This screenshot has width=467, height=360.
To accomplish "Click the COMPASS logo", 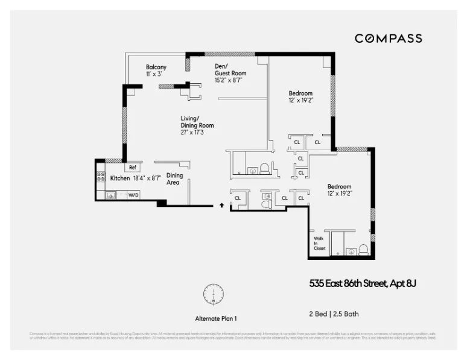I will click(388, 39).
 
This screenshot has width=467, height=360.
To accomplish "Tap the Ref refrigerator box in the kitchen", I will click(132, 167).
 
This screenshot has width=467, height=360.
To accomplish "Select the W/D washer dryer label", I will click(133, 195).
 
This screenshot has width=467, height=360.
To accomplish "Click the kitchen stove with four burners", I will click(101, 178).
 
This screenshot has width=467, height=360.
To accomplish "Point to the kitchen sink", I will click(110, 195).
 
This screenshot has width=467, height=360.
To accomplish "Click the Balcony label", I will click(156, 67).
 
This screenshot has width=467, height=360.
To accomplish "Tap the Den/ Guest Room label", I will click(230, 70).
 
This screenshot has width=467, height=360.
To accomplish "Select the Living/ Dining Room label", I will click(197, 122).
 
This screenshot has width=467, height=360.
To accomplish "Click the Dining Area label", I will click(174, 178).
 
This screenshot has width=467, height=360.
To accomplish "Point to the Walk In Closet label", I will click(319, 243).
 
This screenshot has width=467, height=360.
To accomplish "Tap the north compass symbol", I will click(213, 294).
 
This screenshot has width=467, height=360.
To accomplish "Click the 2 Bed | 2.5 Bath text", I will click(334, 314).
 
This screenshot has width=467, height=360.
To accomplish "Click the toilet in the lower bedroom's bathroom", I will click(363, 249).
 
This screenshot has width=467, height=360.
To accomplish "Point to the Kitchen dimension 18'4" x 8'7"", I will click(146, 178).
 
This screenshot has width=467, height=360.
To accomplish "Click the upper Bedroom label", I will click(300, 93).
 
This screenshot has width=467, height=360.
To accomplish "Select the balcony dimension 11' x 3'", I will click(154, 74).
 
